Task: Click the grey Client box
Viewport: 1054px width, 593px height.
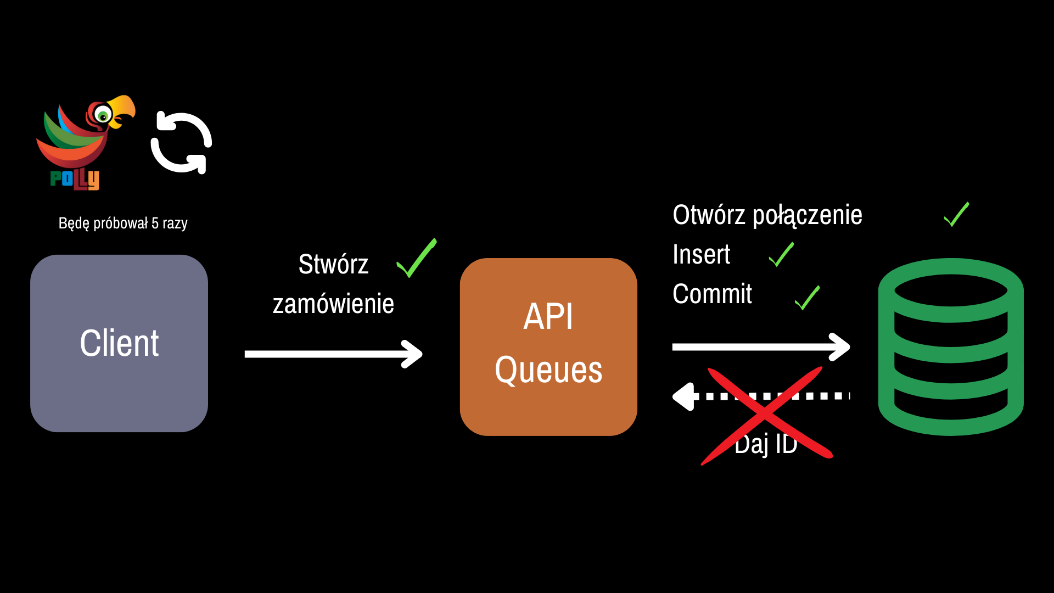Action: (x=119, y=343)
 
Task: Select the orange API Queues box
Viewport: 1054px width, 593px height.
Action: (x=548, y=346)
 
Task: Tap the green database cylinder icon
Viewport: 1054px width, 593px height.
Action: (x=951, y=347)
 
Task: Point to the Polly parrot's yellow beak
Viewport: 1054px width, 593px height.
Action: (x=123, y=108)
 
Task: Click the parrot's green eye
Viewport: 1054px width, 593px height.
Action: (x=103, y=116)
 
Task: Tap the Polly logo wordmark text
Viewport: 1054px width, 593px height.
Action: (x=75, y=179)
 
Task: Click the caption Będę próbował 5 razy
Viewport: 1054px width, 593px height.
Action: (x=123, y=223)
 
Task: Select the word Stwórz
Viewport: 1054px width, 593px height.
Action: (x=333, y=264)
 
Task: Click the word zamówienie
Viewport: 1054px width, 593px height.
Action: (x=333, y=304)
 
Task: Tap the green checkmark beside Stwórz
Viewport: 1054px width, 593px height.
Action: (x=416, y=258)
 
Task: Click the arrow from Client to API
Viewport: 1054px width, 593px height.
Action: (x=333, y=354)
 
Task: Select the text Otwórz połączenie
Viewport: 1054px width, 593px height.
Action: (x=767, y=215)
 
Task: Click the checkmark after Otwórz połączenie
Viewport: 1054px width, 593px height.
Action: (x=956, y=215)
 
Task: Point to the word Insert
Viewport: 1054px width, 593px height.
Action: (x=702, y=254)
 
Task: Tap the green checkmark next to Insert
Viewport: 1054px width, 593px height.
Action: (x=781, y=255)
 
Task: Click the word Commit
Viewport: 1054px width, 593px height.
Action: (x=712, y=294)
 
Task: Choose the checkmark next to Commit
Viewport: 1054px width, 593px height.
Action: (x=807, y=298)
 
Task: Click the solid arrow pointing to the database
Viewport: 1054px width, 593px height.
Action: (x=761, y=347)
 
